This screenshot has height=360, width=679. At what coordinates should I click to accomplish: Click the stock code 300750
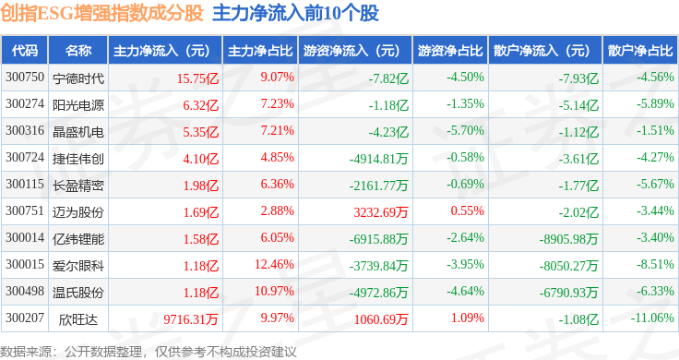click(25, 78)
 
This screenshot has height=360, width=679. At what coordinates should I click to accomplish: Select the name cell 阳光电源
click(78, 105)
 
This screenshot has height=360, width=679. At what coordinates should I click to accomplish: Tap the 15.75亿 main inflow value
click(197, 78)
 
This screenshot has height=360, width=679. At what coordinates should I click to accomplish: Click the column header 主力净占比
click(260, 51)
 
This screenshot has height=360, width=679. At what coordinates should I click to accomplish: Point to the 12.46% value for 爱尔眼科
click(274, 264)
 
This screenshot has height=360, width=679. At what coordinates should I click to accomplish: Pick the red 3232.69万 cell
click(381, 212)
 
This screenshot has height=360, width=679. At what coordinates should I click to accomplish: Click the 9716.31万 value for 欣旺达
click(191, 319)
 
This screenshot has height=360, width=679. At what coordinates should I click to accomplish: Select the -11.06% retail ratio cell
click(652, 318)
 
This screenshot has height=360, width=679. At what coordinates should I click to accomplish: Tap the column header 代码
click(25, 51)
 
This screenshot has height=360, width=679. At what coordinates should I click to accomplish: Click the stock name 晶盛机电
click(78, 132)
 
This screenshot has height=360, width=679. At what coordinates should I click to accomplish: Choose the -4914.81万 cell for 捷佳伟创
click(378, 159)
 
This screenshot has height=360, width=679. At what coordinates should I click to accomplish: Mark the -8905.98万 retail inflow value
click(568, 239)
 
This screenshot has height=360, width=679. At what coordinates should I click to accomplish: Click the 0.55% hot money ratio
click(467, 210)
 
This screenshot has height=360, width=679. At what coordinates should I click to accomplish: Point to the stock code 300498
click(25, 291)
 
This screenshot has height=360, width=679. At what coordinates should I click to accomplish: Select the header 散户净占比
click(640, 51)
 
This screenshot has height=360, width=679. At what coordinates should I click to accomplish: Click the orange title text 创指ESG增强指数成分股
click(101, 14)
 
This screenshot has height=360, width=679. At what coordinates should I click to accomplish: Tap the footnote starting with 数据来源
click(149, 352)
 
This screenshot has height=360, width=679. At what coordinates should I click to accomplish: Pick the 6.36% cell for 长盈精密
click(277, 184)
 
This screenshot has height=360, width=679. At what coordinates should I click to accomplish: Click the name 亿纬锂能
click(78, 239)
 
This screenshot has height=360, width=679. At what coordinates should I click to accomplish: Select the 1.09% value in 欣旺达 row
click(467, 318)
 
